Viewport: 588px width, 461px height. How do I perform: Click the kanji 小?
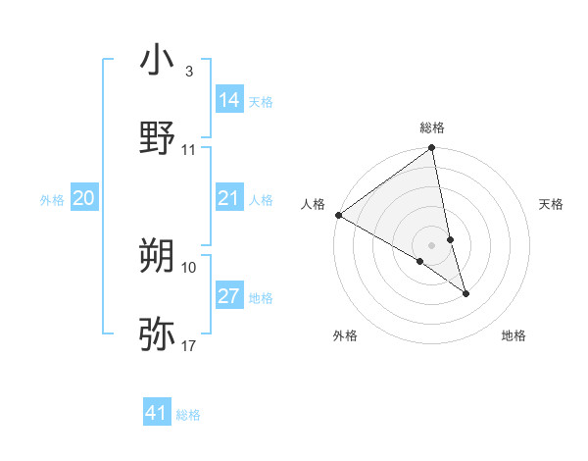[157, 60]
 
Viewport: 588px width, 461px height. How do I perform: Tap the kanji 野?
[157, 137]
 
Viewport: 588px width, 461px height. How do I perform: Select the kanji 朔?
[157, 257]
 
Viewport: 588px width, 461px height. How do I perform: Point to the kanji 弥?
[157, 333]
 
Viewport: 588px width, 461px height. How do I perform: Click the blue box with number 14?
[229, 99]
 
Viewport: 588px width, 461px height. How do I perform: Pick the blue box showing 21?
[229, 199]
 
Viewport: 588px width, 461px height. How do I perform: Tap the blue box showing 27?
[229, 296]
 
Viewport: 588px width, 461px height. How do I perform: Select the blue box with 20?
[84, 199]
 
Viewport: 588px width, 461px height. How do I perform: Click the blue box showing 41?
[157, 413]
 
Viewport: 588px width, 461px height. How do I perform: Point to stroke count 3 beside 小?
[188, 72]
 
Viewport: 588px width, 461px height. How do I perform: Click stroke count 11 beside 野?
[189, 150]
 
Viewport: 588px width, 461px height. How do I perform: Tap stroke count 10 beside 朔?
[189, 267]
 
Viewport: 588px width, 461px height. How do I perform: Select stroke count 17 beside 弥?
[189, 345]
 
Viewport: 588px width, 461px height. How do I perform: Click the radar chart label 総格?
[432, 128]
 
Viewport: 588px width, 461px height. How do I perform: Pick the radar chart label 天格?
[552, 204]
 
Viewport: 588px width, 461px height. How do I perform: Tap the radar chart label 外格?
[345, 335]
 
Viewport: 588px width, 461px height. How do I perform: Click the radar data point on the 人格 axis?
[338, 215]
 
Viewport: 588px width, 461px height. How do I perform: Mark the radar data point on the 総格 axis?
[432, 149]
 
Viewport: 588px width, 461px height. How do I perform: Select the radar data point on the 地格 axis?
[465, 293]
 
